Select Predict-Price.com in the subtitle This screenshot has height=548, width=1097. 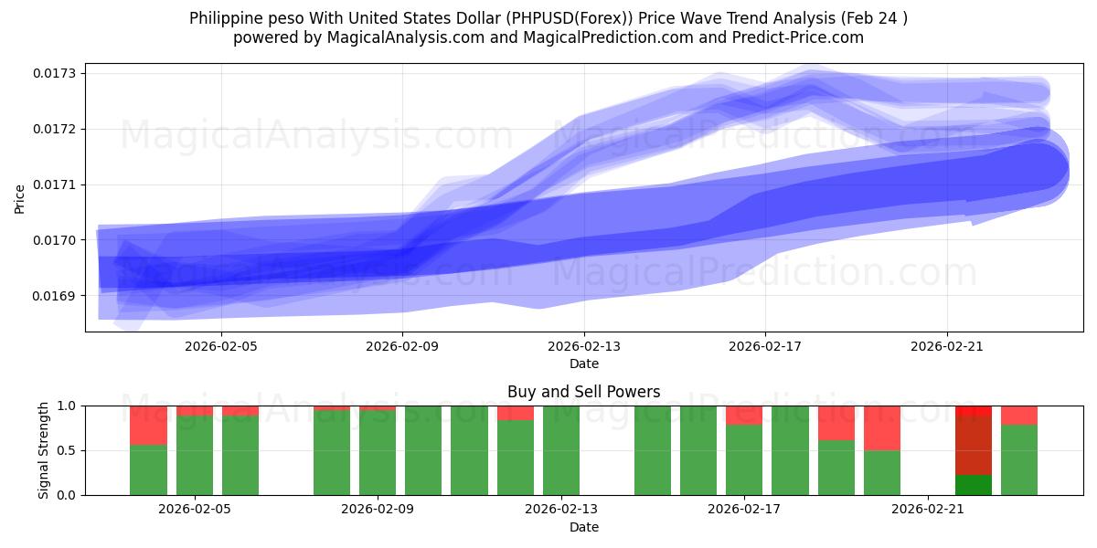(x=793, y=37)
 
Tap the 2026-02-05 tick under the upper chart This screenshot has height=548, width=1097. (x=221, y=346)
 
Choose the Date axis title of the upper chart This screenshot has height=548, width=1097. (x=584, y=364)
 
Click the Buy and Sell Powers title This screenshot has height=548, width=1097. (x=584, y=392)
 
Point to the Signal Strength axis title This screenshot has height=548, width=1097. (x=44, y=450)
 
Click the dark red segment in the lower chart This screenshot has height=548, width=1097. (x=974, y=446)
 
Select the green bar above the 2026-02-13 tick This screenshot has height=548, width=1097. (x=561, y=450)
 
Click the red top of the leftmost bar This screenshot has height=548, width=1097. (x=148, y=425)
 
